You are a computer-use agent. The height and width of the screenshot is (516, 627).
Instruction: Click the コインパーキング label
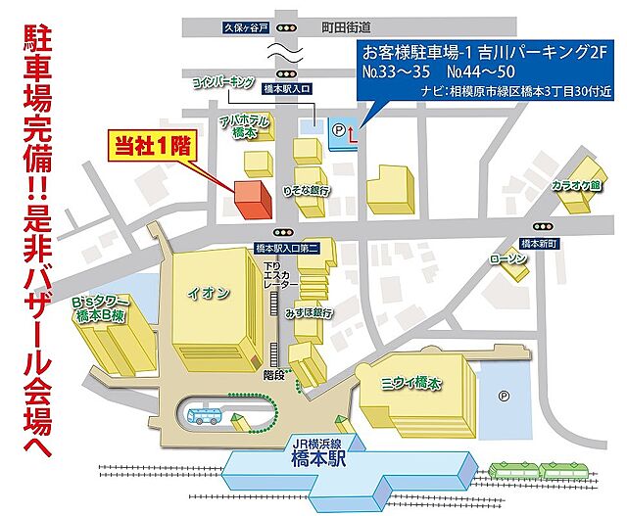pos(223,81)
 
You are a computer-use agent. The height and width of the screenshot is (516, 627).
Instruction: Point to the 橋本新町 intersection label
pos(539,243)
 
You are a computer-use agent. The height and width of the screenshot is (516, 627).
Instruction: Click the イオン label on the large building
pos(215,292)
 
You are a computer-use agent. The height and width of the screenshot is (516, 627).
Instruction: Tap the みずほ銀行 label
pos(310,313)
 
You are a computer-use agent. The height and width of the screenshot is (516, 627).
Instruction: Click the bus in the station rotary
pos(206,416)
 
